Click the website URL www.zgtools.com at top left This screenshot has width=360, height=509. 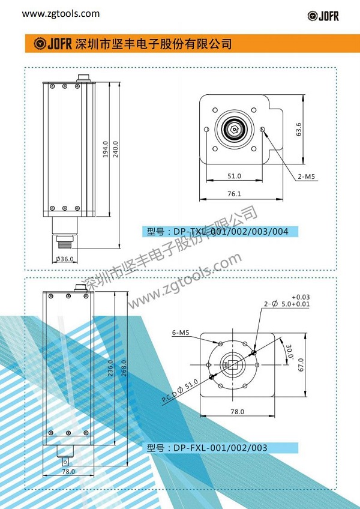pyautogui.click(x=61, y=14)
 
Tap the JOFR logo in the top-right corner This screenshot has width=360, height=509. pyautogui.click(x=323, y=16)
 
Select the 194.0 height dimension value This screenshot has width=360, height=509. pyautogui.click(x=106, y=149)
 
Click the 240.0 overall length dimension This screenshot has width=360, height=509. pyautogui.click(x=116, y=149)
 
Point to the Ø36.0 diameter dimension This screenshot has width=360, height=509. pyautogui.click(x=65, y=259)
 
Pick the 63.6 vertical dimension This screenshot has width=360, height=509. pyautogui.click(x=299, y=129)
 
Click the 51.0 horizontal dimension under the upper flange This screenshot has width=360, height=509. pyautogui.click(x=234, y=176)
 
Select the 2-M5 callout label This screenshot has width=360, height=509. pyautogui.click(x=307, y=177)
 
